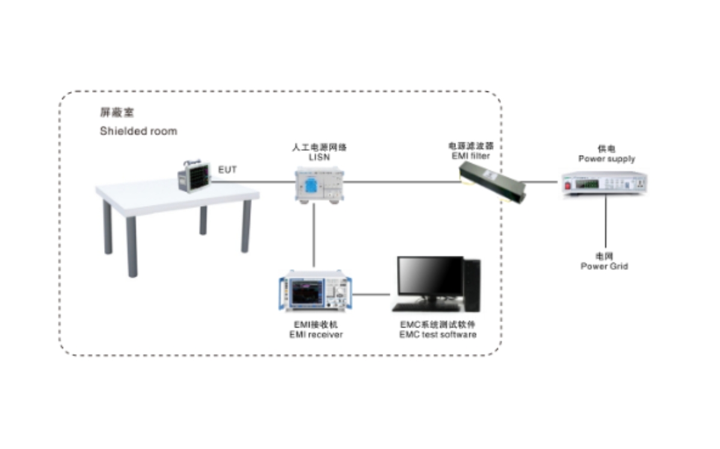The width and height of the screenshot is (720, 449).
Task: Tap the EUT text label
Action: (227, 170)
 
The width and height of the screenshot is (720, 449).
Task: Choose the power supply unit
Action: (603, 183)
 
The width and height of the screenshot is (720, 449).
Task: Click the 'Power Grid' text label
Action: (604, 266)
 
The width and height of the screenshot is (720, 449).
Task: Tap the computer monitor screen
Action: (429, 276)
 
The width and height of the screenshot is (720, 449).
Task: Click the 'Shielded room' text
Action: (138, 131)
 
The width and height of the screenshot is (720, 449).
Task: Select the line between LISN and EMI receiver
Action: (314, 237)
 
